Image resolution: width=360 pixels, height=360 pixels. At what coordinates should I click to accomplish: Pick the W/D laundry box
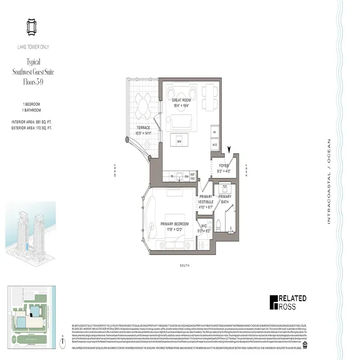tap(215, 145)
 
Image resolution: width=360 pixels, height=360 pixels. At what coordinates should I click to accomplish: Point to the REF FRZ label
tap(192, 177)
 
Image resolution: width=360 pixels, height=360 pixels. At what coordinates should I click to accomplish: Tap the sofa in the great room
tap(180, 121)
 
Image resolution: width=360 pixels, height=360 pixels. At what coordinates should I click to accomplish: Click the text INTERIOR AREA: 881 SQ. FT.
tap(32, 122)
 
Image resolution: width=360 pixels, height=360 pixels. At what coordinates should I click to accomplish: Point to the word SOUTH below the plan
tap(184, 266)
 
